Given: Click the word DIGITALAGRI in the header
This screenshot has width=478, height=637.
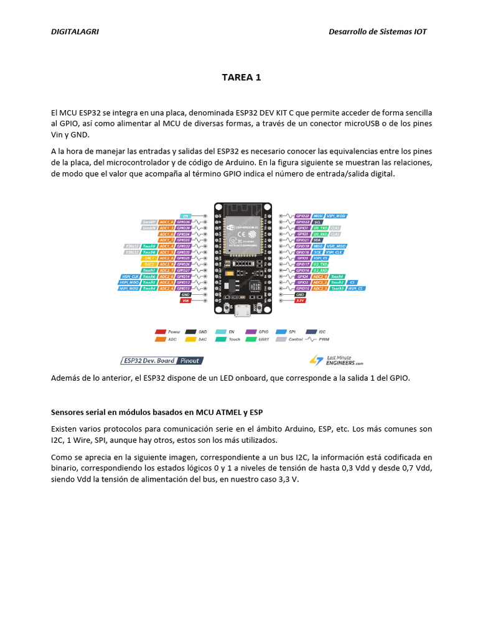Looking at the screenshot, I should point(75,32).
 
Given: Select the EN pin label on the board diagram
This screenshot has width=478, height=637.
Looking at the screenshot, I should point(185,216).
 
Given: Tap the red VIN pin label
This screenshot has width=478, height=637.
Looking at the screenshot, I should point(185,300).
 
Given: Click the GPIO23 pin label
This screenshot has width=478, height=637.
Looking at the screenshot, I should point(302,216).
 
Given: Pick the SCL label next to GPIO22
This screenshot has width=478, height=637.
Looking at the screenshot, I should point(317,222).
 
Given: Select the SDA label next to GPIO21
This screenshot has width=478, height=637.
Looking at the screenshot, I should point(317,240).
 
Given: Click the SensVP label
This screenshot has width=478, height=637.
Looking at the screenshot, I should point(148,222).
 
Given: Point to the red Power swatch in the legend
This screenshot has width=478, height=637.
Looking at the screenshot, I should point(160,332).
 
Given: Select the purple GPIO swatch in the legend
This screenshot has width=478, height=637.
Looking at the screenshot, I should point(251,332).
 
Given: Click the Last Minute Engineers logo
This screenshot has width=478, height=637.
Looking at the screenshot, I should point(336,360).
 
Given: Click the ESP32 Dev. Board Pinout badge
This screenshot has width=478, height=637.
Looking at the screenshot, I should point(162,360).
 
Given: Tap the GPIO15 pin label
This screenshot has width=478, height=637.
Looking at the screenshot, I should point(302,289).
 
